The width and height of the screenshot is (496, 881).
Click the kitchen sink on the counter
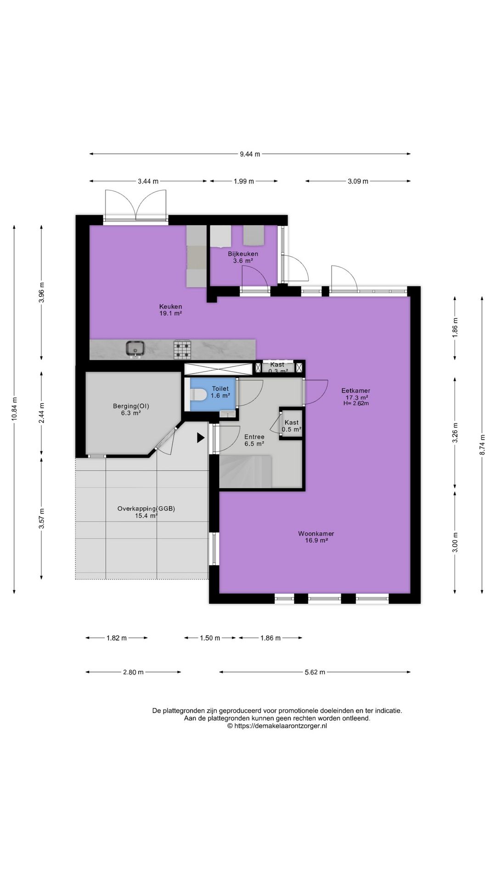(x=136, y=349)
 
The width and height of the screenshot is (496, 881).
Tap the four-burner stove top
(x=182, y=349)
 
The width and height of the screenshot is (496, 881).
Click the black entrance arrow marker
(x=201, y=438)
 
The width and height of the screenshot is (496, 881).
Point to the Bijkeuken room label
(x=243, y=254)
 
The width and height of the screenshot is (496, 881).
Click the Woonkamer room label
(x=316, y=534)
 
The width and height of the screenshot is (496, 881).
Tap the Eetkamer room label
(x=355, y=391)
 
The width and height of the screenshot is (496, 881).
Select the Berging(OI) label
(x=131, y=406)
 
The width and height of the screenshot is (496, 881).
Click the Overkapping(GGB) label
(x=147, y=508)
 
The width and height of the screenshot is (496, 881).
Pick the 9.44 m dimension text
(x=250, y=154)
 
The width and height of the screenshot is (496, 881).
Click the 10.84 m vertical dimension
(x=15, y=408)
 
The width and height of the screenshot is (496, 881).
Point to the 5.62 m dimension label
(x=315, y=672)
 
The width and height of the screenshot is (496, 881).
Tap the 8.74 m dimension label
(x=482, y=444)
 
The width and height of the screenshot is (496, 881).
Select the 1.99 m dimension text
(x=243, y=181)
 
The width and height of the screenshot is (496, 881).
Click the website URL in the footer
(x=277, y=726)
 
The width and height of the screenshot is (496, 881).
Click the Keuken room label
(x=170, y=307)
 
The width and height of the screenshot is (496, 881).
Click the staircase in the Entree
(x=246, y=471)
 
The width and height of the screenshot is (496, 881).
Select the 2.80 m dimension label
(x=133, y=672)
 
